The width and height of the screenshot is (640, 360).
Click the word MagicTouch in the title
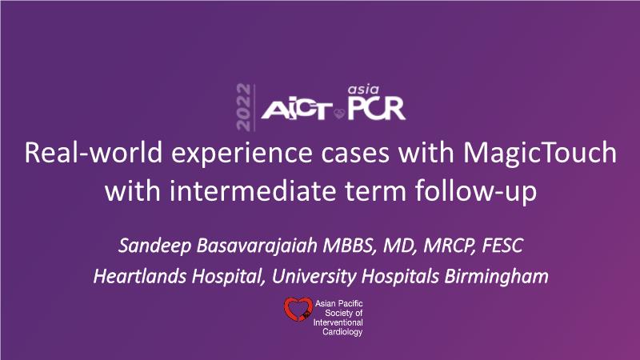[539, 154]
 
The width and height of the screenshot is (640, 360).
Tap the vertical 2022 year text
[243, 107]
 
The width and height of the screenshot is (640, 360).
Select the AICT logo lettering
[297, 110]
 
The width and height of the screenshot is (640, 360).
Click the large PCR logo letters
[376, 109]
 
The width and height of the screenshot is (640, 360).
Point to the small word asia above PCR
[363, 90]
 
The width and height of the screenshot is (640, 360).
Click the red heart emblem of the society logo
[298, 309]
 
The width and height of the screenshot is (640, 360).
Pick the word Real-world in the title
[93, 153]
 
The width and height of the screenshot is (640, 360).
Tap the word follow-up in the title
[476, 192]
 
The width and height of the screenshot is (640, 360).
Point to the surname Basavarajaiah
[257, 246]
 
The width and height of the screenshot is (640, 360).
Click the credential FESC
[502, 246]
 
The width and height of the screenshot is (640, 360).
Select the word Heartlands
[140, 276]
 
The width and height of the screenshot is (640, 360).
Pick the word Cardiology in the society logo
[342, 332]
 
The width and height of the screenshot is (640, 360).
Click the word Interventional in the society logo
[338, 322]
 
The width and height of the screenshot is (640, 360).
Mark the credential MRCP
[450, 246]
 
